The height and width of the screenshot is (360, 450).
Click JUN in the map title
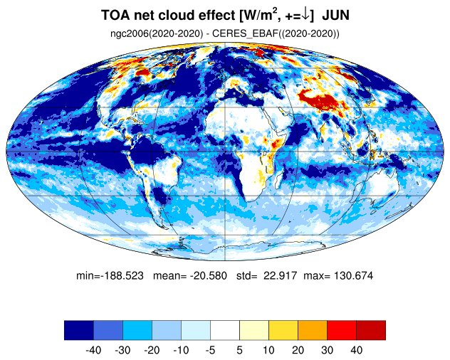pyautogui.click(x=336, y=15)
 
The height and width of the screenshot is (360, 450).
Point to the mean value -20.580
pyautogui.click(x=209, y=275)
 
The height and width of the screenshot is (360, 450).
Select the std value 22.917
pyautogui.click(x=280, y=275)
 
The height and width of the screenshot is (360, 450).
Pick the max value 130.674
pyautogui.click(x=354, y=275)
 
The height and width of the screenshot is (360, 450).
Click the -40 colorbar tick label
pyautogui.click(x=93, y=350)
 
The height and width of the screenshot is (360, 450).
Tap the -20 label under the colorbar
pyautogui.click(x=152, y=350)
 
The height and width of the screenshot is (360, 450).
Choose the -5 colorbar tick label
pyautogui.click(x=210, y=350)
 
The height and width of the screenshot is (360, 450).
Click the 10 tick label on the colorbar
pyautogui.click(x=268, y=350)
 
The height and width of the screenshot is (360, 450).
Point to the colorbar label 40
pyautogui.click(x=356, y=350)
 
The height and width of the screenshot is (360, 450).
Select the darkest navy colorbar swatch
pyautogui.click(x=79, y=330)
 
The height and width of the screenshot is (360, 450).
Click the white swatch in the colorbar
pyautogui.click(x=225, y=330)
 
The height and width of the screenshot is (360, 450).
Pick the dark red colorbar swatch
pyautogui.click(x=371, y=330)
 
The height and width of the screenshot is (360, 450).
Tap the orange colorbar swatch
pyautogui.click(x=313, y=330)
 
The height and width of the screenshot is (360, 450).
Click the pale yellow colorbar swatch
pyautogui.click(x=254, y=330)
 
